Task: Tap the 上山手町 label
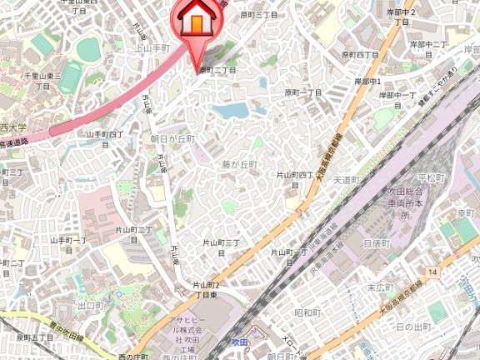[x=152, y=48]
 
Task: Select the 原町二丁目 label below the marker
[x=216, y=70]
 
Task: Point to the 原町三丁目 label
[x=258, y=15]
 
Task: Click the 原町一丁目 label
[x=303, y=92]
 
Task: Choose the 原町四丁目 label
[x=360, y=54]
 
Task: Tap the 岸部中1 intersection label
[x=367, y=82]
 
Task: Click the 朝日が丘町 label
[x=172, y=138]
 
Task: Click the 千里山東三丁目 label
[x=42, y=80]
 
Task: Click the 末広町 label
[x=380, y=287]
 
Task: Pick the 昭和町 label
[x=307, y=312]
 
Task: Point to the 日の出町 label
[x=414, y=327]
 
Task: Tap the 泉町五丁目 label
[x=34, y=337]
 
